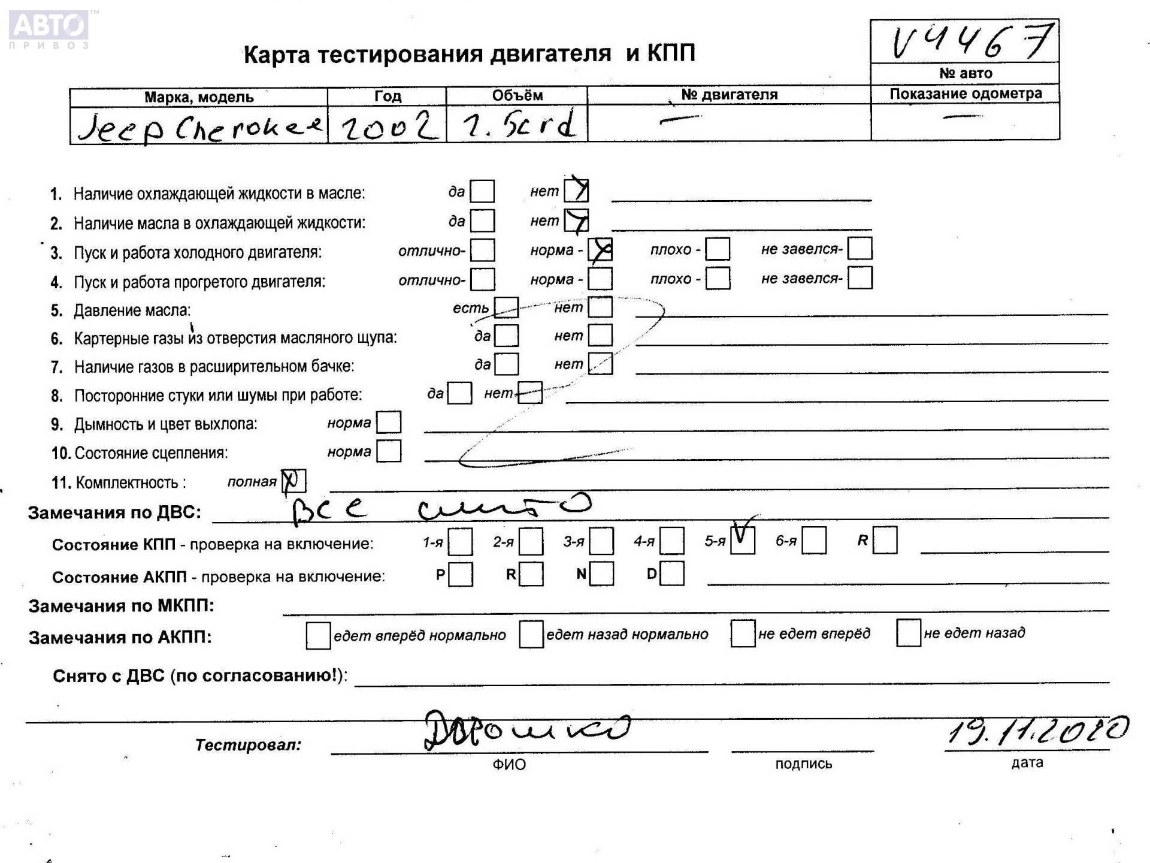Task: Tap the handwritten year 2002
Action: pyautogui.click(x=388, y=126)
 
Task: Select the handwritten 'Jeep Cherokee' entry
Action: pyautogui.click(x=200, y=127)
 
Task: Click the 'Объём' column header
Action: pyautogui.click(x=517, y=96)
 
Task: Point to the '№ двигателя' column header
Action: pyautogui.click(x=729, y=95)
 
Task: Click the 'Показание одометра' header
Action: pyautogui.click(x=965, y=93)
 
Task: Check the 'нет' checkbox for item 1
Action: pyautogui.click(x=576, y=191)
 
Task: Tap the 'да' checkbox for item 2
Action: pyautogui.click(x=482, y=221)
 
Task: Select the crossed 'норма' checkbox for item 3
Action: pyautogui.click(x=600, y=250)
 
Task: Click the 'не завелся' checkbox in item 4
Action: pyautogui.click(x=860, y=278)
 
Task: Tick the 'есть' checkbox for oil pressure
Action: pyautogui.click(x=506, y=307)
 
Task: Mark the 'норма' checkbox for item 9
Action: pyautogui.click(x=389, y=423)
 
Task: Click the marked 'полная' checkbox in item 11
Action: pyautogui.click(x=293, y=481)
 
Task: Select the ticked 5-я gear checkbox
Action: pyautogui.click(x=743, y=541)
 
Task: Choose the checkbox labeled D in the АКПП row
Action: pyautogui.click(x=672, y=574)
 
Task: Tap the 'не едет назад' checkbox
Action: pyautogui.click(x=908, y=633)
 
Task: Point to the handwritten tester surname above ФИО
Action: pyautogui.click(x=527, y=730)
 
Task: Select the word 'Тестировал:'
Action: pyautogui.click(x=248, y=745)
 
